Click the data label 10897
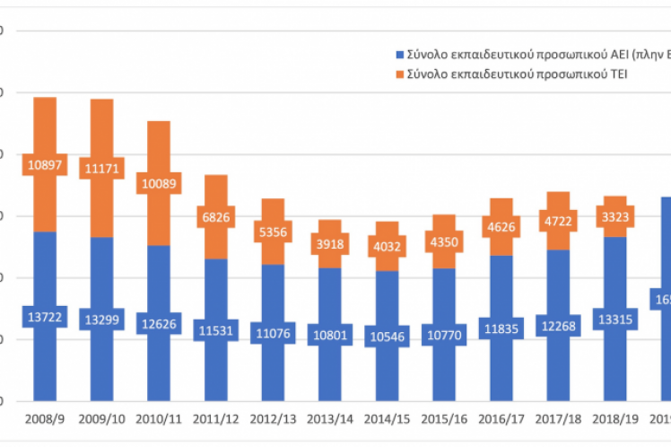pyautogui.click(x=44, y=164)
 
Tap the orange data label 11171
pyautogui.click(x=101, y=168)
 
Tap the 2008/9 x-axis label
pyautogui.click(x=44, y=418)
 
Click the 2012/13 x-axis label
pyautogui.click(x=274, y=418)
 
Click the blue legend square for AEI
pyautogui.click(x=399, y=55)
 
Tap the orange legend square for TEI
pyautogui.click(x=399, y=74)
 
